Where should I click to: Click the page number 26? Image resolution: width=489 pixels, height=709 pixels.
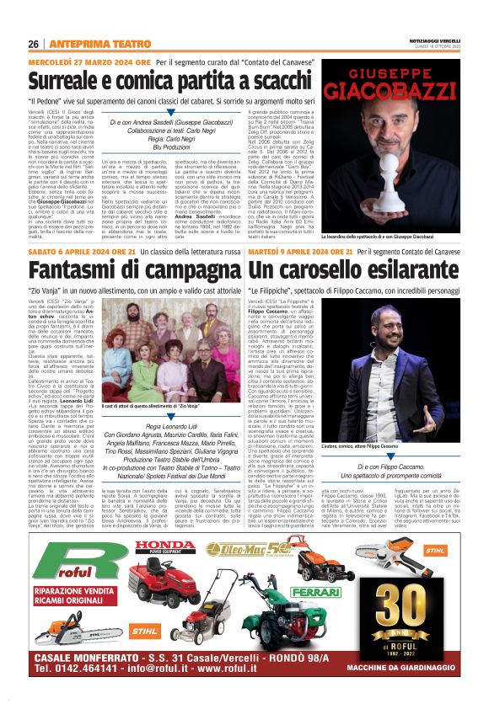click(x=34, y=44)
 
